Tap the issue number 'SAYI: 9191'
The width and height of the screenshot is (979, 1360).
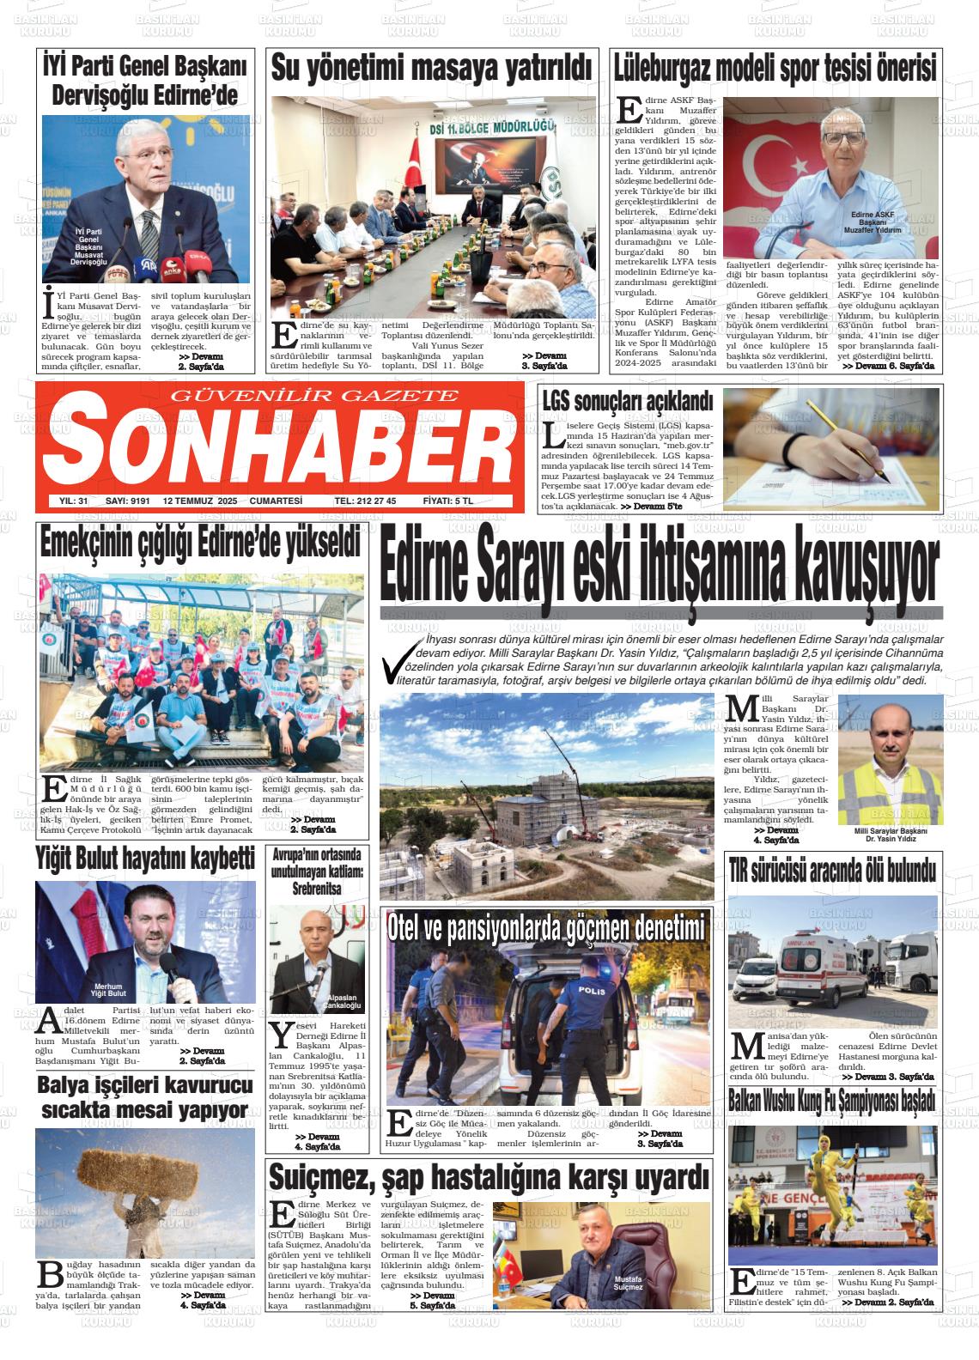[128, 501]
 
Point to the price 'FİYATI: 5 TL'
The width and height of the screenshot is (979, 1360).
[457, 501]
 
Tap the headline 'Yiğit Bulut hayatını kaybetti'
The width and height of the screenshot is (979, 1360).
[145, 858]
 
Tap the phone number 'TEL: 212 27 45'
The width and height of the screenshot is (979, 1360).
[365, 501]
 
